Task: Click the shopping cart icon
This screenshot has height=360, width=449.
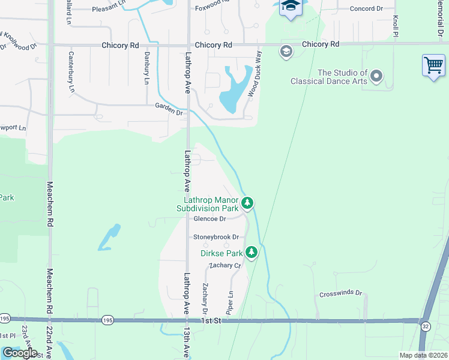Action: pyautogui.click(x=433, y=65)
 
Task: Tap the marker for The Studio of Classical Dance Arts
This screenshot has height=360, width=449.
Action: pyautogui.click(x=376, y=76)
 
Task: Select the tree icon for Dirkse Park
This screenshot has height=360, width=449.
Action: pyautogui.click(x=253, y=253)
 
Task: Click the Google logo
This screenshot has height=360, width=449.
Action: pyautogui.click(x=20, y=352)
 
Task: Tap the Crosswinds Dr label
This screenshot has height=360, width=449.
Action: pyautogui.click(x=341, y=294)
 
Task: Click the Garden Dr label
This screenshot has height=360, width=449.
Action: pyautogui.click(x=168, y=109)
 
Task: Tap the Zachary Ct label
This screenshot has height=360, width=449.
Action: pyautogui.click(x=224, y=265)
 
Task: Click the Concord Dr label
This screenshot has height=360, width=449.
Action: pyautogui.click(x=366, y=9)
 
